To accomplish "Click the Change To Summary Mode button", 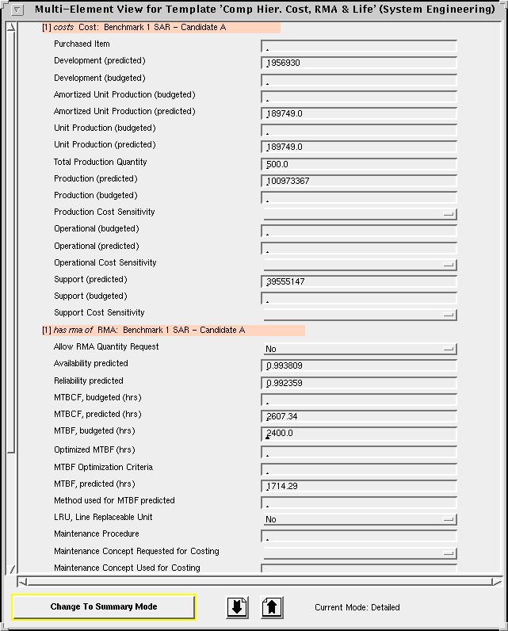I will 103,606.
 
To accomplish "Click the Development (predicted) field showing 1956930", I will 358,63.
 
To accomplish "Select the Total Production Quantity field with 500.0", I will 358,164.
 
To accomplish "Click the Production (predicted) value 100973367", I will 358,181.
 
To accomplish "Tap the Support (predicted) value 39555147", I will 358,281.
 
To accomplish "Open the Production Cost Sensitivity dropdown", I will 360,214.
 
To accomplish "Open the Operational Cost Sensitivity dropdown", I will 360,265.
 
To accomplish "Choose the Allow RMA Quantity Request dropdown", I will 360,349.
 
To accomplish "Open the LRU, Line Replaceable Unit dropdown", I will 360,519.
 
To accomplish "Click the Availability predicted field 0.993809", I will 358,365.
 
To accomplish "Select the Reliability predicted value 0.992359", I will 358,383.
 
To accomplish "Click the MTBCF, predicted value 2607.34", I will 358,416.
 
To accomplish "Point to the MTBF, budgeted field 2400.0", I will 358,434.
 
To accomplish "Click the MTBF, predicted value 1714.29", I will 358,486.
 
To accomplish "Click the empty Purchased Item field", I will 358,46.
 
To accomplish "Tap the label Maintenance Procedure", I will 97,534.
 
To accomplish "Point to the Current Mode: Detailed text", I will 357,607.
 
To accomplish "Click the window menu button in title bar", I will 17,10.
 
